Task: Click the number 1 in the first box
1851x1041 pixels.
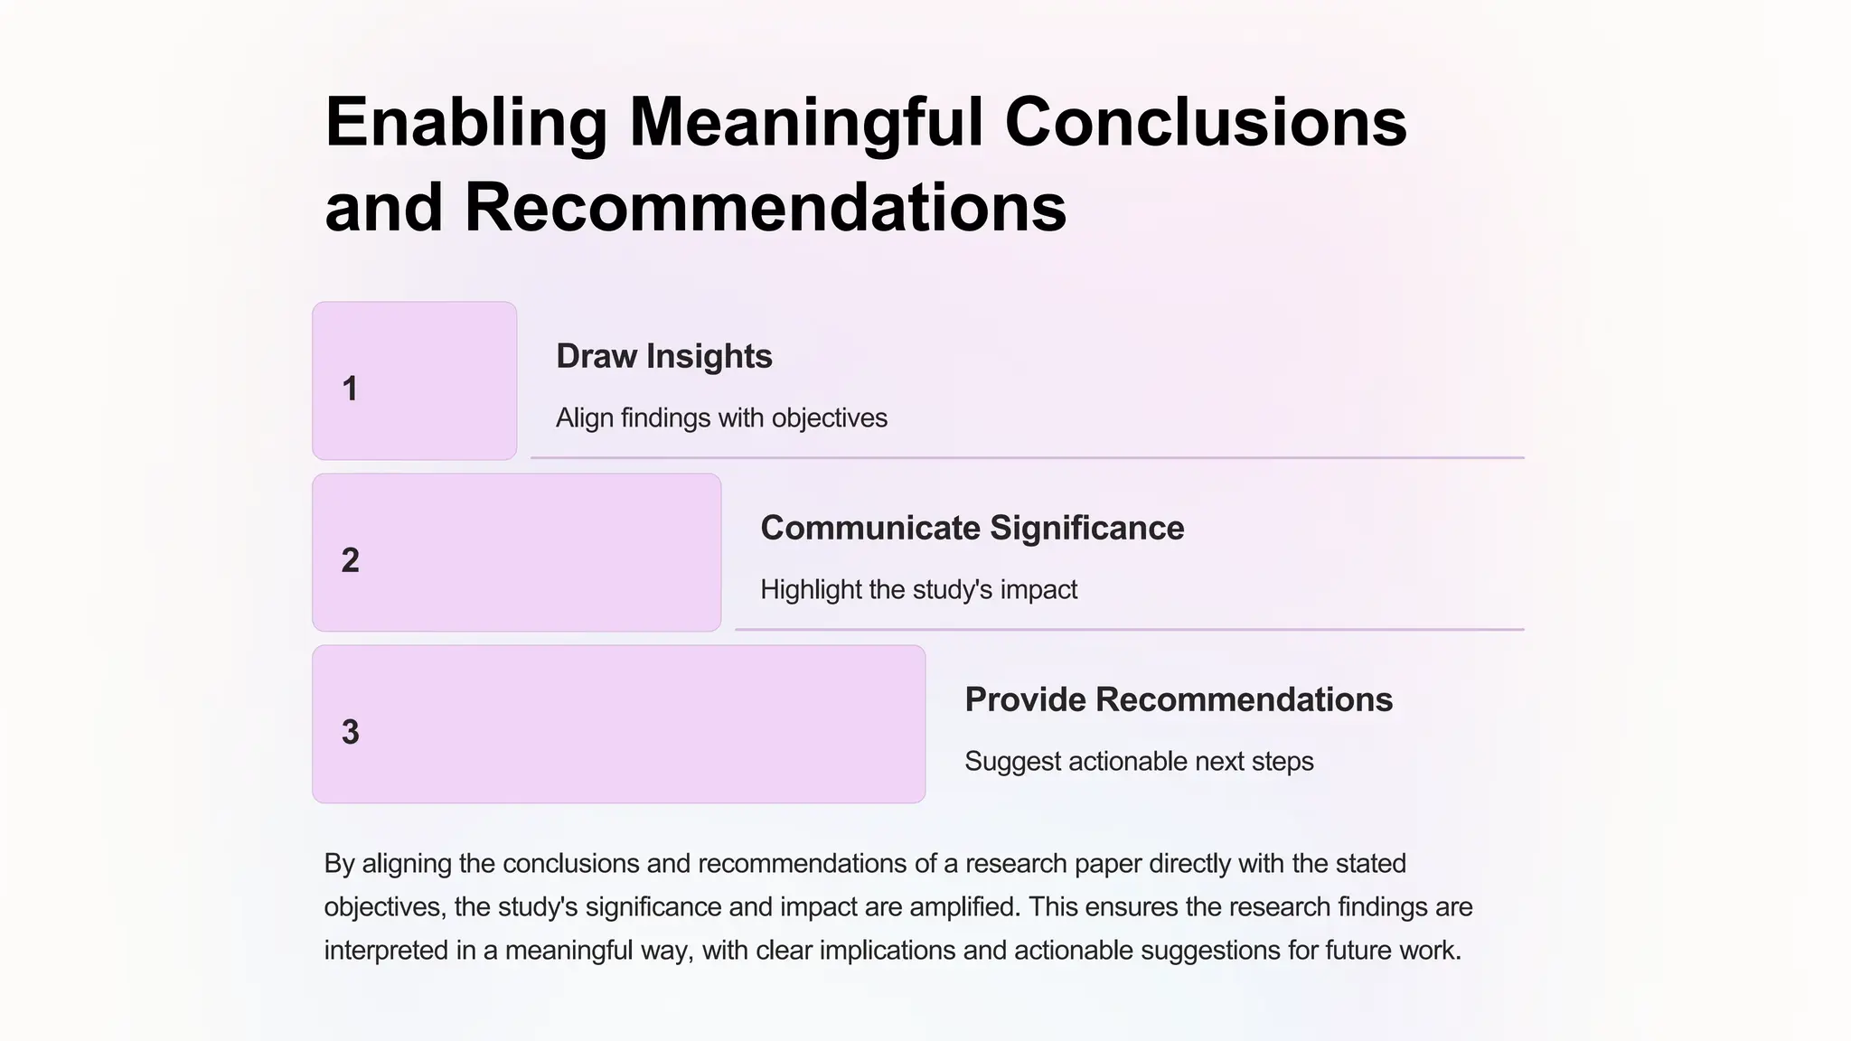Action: click(x=350, y=389)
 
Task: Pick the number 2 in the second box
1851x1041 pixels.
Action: click(x=350, y=561)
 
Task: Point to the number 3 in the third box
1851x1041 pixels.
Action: click(x=350, y=733)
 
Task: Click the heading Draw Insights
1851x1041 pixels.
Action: click(x=663, y=356)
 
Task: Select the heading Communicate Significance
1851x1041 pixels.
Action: click(x=972, y=528)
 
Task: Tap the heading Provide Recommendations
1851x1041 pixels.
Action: click(x=1178, y=699)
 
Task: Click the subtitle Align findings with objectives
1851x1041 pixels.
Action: click(x=721, y=417)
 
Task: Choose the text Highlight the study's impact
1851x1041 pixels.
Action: click(x=918, y=589)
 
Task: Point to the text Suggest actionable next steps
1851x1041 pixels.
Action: click(x=1139, y=761)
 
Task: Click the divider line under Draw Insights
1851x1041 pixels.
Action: click(x=1027, y=458)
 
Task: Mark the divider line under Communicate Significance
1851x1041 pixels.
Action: click(x=1129, y=629)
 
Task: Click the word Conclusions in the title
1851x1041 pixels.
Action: click(x=1206, y=123)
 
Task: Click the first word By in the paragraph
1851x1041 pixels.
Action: click(x=339, y=863)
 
